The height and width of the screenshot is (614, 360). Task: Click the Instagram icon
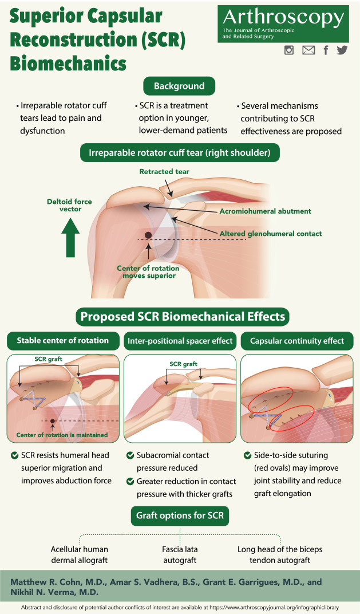tap(289, 50)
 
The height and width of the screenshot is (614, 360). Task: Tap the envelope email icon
tap(308, 50)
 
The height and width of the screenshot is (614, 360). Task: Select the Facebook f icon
tap(326, 50)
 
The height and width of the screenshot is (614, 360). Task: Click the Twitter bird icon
tap(342, 50)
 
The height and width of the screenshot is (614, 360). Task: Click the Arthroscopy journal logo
tap(283, 24)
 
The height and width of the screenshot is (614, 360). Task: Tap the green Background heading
tap(179, 86)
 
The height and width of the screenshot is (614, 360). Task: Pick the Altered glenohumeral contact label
tap(271, 233)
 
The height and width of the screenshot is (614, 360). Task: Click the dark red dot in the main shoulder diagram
tap(148, 235)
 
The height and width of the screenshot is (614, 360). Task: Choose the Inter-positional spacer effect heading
tap(180, 341)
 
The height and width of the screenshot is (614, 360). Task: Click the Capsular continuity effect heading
tap(297, 341)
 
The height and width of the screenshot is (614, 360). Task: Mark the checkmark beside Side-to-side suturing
tap(247, 455)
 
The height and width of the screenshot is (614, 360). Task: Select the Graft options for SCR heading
tap(180, 515)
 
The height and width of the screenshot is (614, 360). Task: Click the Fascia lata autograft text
tap(180, 554)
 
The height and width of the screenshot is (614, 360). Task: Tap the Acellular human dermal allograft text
tap(79, 554)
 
